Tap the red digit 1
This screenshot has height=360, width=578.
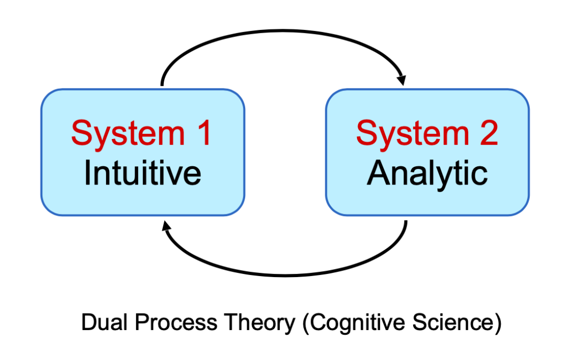pyautogui.click(x=204, y=133)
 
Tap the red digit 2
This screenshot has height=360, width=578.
pyautogui.click(x=489, y=133)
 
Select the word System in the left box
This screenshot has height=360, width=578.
pyautogui.click(x=128, y=135)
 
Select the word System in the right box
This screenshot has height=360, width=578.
pyautogui.click(x=413, y=135)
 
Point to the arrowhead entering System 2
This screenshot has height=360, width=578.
pyautogui.click(x=402, y=80)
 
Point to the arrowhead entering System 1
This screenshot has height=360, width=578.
pyautogui.click(x=166, y=226)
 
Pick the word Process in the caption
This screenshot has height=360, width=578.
pyautogui.click(x=176, y=322)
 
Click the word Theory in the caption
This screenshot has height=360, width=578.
pyautogui.click(x=260, y=324)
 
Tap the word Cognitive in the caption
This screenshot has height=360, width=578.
pyautogui.click(x=358, y=324)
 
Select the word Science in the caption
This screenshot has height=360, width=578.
pyautogui.click(x=453, y=322)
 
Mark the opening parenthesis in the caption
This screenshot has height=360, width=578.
pyautogui.click(x=306, y=324)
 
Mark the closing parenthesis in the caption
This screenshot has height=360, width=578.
pyautogui.click(x=498, y=324)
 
